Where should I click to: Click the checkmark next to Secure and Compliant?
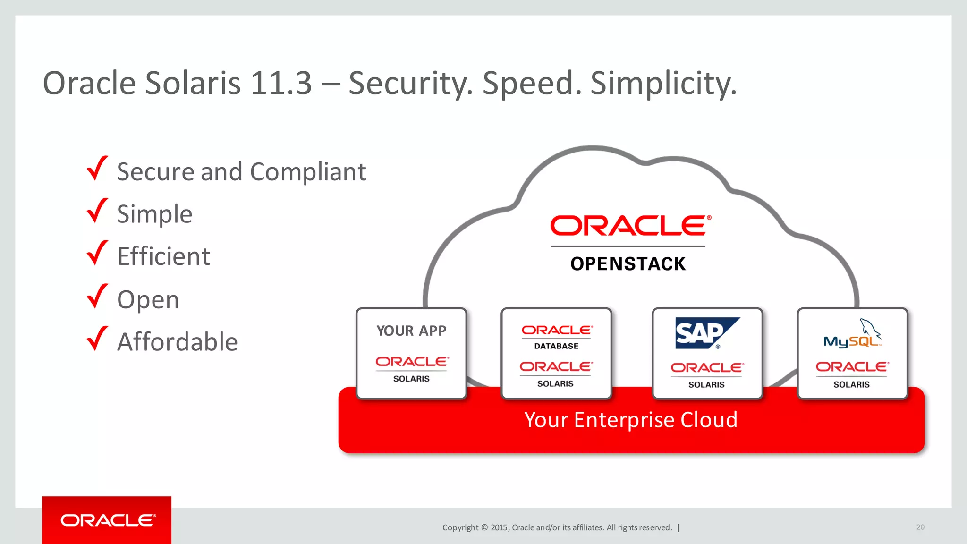tap(97, 169)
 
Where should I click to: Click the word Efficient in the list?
tap(163, 256)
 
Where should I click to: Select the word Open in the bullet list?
tap(148, 299)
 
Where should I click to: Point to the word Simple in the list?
tap(154, 214)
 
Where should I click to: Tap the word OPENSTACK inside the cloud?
tap(628, 263)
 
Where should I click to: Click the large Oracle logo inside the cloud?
tap(630, 226)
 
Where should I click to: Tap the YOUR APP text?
tap(411, 331)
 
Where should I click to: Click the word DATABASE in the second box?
tap(556, 346)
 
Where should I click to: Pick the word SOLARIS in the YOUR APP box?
tap(411, 379)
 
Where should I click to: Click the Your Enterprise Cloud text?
tap(631, 419)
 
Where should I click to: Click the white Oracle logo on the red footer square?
tap(108, 520)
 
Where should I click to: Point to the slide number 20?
tap(920, 527)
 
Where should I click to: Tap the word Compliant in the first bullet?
tap(308, 171)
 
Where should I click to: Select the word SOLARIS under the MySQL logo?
tap(851, 384)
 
